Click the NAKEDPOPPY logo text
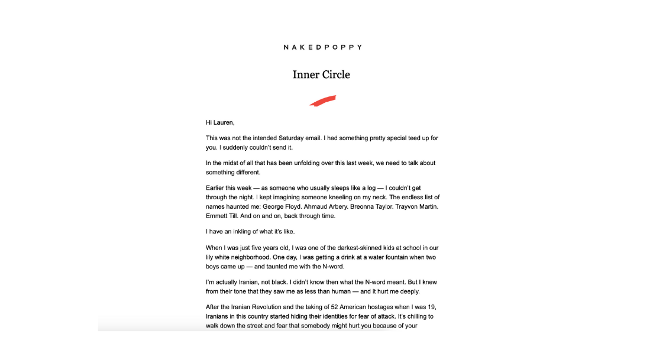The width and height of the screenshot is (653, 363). [322, 47]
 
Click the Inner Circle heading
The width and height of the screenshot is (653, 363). [321, 74]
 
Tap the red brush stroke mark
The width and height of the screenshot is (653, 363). [322, 101]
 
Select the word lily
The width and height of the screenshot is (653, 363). [211, 257]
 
